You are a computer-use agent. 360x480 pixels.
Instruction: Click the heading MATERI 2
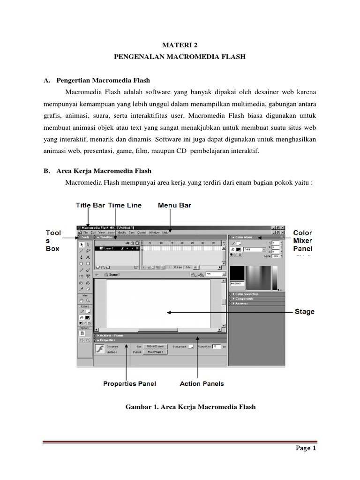(x=180, y=45)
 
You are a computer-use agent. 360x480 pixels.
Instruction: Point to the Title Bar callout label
(x=90, y=205)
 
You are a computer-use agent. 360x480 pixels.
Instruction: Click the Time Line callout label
(x=125, y=205)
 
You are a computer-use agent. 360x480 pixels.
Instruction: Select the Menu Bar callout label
(x=174, y=205)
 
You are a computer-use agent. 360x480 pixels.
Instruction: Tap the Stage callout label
(x=304, y=312)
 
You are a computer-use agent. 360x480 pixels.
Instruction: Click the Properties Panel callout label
(x=129, y=383)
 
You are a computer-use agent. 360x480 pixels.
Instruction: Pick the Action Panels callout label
(x=202, y=383)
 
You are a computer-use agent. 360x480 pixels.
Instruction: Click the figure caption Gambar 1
(x=190, y=407)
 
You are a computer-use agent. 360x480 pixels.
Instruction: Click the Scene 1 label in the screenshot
(x=114, y=275)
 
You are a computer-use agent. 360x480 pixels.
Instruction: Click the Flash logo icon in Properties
(x=99, y=349)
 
